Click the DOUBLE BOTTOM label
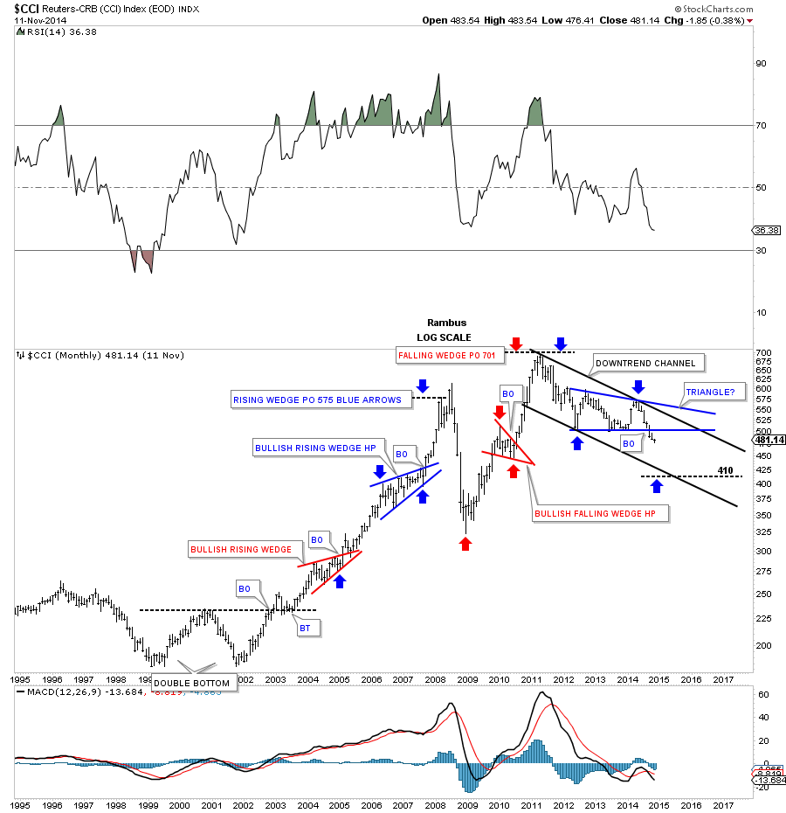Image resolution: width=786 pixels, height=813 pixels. [x=192, y=683]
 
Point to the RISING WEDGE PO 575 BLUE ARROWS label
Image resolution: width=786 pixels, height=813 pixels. [x=317, y=400]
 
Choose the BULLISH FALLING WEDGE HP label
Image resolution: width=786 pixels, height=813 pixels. [x=600, y=513]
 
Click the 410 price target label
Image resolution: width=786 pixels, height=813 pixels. [x=723, y=469]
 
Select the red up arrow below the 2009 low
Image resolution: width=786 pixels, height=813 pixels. [x=465, y=544]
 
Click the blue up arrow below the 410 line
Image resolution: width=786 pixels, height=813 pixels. [x=656, y=486]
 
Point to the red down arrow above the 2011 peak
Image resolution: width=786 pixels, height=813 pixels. [x=516, y=343]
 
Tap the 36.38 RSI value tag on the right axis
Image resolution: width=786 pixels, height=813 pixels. [x=764, y=231]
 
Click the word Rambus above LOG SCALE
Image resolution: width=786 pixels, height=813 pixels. [x=443, y=323]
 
